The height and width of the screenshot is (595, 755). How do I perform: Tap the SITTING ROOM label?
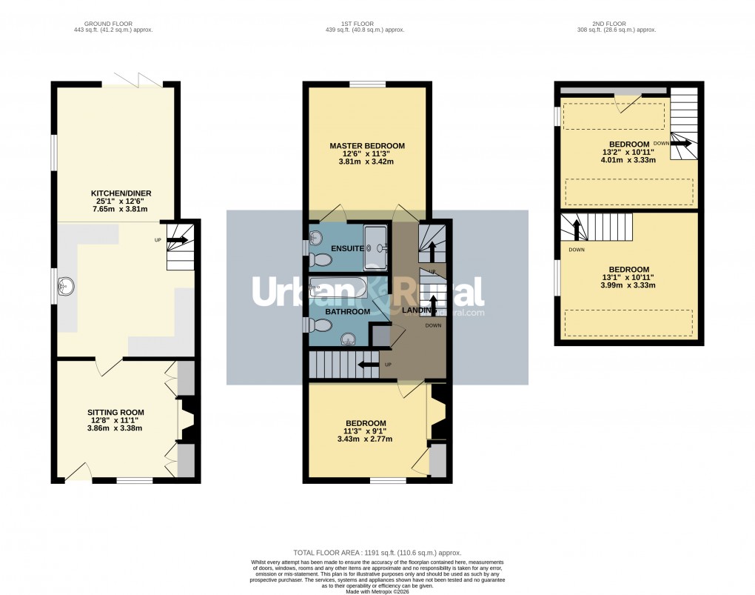point(115,412)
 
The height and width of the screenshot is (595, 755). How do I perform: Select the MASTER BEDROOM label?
point(367,146)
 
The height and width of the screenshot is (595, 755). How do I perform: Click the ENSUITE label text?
point(347,248)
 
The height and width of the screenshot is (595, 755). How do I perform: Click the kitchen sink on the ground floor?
point(67,285)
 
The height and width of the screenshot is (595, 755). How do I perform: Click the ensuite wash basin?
point(316,237)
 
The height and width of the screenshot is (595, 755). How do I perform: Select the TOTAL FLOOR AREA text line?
point(377,553)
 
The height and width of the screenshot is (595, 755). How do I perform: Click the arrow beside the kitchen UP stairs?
point(177,239)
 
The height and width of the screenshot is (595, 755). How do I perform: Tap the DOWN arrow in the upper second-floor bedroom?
point(682,143)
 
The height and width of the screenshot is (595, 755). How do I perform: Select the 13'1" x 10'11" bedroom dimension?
point(628,279)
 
